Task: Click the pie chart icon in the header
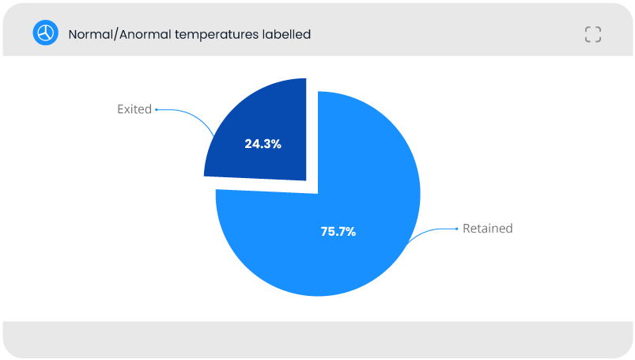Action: tap(45, 33)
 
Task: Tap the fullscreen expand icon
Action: tap(593, 35)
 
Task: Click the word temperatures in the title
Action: tap(216, 35)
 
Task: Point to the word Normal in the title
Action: tap(90, 35)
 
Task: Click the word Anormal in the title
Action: tap(145, 35)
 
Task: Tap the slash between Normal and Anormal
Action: tap(115, 35)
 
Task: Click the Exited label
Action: tap(134, 109)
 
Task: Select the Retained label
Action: tap(488, 228)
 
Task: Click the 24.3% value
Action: tap(263, 143)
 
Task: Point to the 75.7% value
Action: tap(338, 232)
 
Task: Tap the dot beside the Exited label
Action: tap(157, 109)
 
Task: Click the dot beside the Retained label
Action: tap(457, 229)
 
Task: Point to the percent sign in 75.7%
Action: tap(351, 232)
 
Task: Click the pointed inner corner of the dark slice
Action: tap(306, 180)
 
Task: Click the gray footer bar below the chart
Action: tap(318, 339)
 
